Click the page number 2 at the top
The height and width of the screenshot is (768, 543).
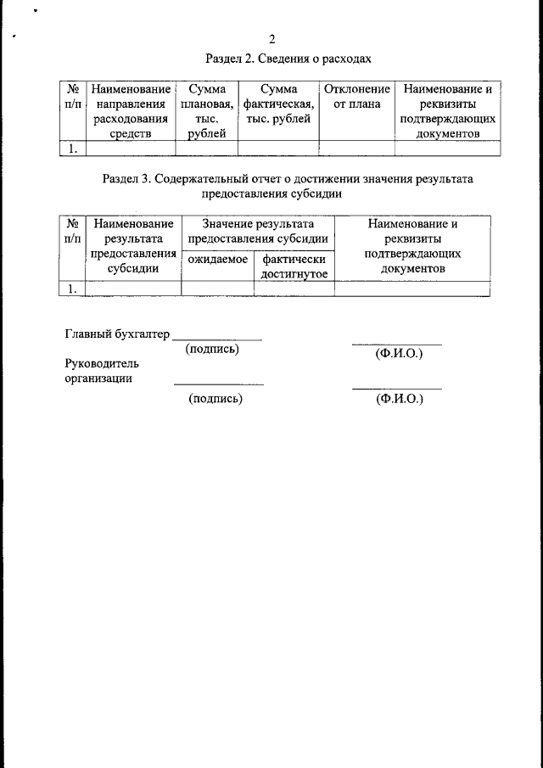point(271,39)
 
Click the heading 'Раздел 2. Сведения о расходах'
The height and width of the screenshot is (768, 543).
point(288,59)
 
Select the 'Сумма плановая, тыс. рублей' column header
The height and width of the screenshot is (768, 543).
point(206,110)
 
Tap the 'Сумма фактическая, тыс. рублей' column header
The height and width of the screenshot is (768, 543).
point(278,104)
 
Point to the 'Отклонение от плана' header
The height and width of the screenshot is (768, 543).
point(356,96)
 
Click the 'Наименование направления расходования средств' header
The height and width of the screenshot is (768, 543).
point(131,110)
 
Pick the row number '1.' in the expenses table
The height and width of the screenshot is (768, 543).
point(72,149)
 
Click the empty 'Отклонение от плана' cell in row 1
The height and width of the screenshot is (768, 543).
point(356,149)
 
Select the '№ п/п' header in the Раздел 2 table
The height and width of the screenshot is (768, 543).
point(72,96)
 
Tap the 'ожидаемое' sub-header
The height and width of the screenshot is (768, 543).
point(217,259)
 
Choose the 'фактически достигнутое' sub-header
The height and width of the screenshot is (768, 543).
point(294,266)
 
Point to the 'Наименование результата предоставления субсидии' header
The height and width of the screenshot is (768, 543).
point(132,246)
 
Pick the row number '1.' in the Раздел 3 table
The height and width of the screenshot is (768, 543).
point(72,289)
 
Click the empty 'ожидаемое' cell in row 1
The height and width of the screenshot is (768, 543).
point(217,289)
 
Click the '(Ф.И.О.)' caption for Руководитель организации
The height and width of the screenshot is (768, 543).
point(398,398)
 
